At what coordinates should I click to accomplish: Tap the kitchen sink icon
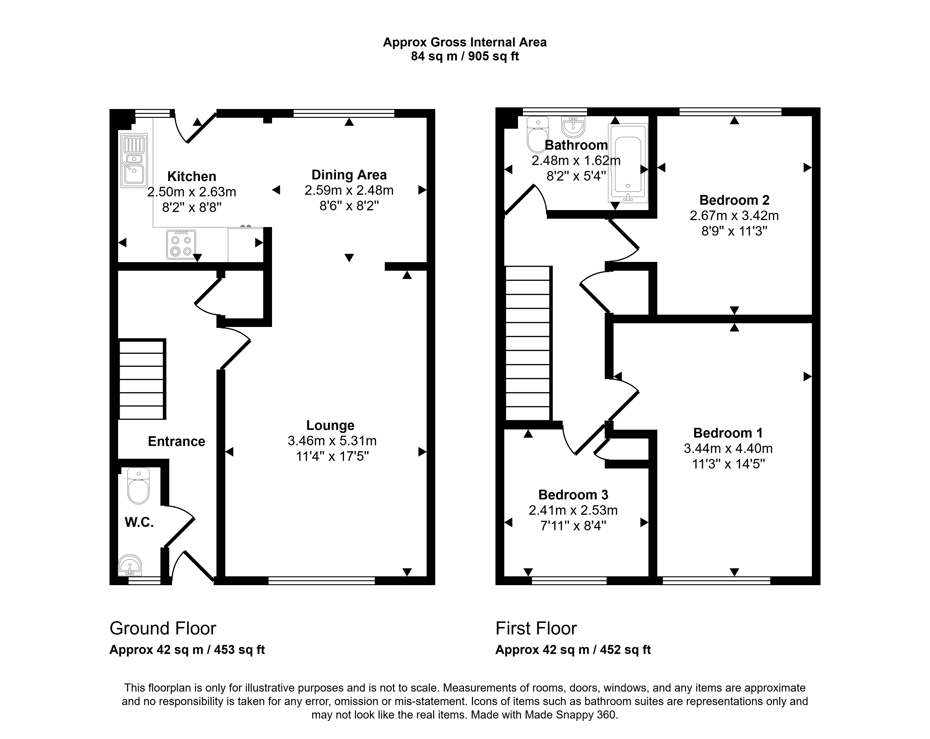(x=134, y=160)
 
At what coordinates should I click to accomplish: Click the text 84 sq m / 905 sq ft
(x=465, y=56)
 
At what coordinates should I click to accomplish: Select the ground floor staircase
(x=142, y=379)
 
